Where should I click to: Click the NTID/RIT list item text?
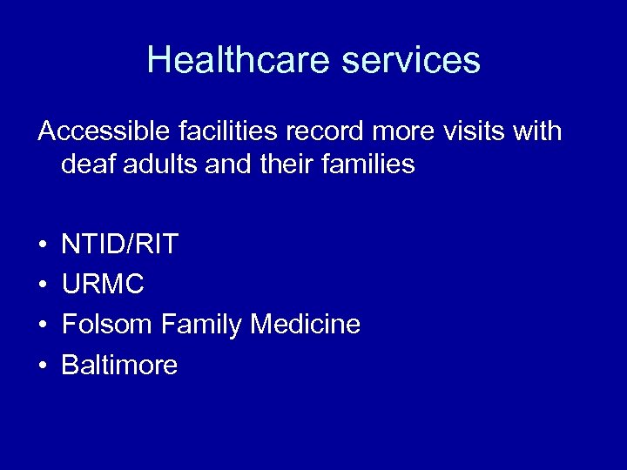pyautogui.click(x=119, y=245)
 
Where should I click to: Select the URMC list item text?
pyautogui.click(x=103, y=285)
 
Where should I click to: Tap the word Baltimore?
pyautogui.click(x=119, y=365)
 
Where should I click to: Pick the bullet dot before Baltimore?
pyautogui.click(x=43, y=366)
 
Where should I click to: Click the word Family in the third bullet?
pyautogui.click(x=202, y=325)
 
